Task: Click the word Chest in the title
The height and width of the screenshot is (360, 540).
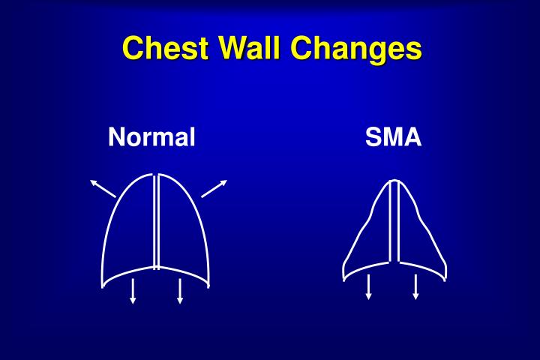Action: click(166, 49)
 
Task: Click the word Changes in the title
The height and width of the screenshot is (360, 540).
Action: click(358, 50)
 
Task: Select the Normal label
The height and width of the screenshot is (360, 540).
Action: click(152, 137)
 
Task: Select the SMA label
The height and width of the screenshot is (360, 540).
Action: click(394, 137)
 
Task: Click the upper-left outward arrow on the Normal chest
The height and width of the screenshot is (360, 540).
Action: click(103, 188)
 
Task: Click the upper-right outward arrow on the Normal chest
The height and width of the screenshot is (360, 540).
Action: click(214, 188)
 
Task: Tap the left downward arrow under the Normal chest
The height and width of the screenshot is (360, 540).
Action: click(133, 290)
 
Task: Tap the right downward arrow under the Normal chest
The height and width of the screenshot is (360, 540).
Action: click(180, 290)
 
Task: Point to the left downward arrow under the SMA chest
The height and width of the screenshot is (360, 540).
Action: click(368, 286)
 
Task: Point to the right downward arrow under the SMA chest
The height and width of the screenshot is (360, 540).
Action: click(415, 286)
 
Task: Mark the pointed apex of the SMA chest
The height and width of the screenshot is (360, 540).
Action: click(393, 181)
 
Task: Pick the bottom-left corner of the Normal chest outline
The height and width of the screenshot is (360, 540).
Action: click(103, 285)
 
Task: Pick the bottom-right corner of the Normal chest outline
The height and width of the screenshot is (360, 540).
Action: click(208, 285)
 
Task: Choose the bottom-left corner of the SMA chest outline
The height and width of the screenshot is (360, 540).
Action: click(343, 278)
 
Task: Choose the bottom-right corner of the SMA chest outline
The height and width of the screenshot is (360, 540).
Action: click(445, 278)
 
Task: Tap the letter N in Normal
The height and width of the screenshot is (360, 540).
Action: click(115, 137)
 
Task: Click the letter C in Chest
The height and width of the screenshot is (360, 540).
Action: click(133, 49)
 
